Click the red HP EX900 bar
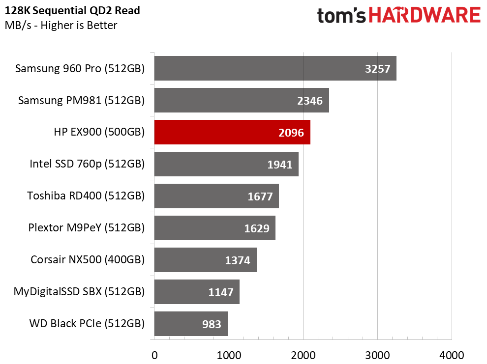point(232,132)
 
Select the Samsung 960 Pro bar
point(275,68)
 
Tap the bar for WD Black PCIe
point(191,324)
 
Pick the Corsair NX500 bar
point(205,260)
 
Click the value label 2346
point(309,101)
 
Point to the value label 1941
point(280,165)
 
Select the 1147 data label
point(220,292)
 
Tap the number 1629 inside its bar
point(257,228)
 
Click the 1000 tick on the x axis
point(229,355)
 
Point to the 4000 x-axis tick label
point(452,355)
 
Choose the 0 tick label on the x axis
point(154,355)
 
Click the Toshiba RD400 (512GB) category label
point(86,196)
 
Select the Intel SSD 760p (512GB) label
point(87,164)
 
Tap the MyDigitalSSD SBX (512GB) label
point(79,291)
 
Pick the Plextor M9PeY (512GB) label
point(87,227)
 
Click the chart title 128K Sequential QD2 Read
point(72,10)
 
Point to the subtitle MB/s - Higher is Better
point(61,25)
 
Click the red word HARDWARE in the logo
point(425,15)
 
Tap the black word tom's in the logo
point(341,16)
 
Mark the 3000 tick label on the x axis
point(378,355)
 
